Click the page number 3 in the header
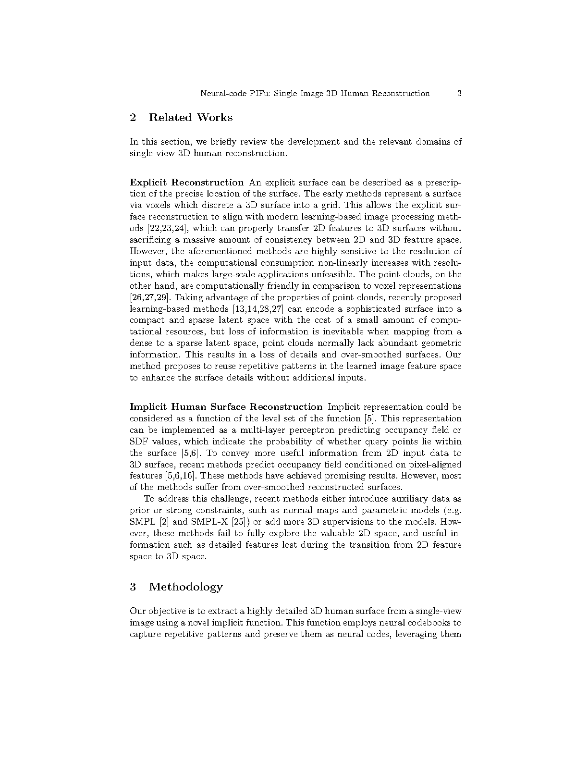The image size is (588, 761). pyautogui.click(x=459, y=94)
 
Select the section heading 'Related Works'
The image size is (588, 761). pyautogui.click(x=191, y=118)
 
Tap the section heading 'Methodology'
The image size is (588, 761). pyautogui.click(x=186, y=587)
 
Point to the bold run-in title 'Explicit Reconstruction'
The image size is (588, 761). pyautogui.click(x=187, y=183)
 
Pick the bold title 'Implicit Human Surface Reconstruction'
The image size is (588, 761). pyautogui.click(x=226, y=407)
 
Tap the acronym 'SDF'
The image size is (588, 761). pyautogui.click(x=138, y=442)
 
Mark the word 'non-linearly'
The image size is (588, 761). pyautogui.click(x=342, y=263)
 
